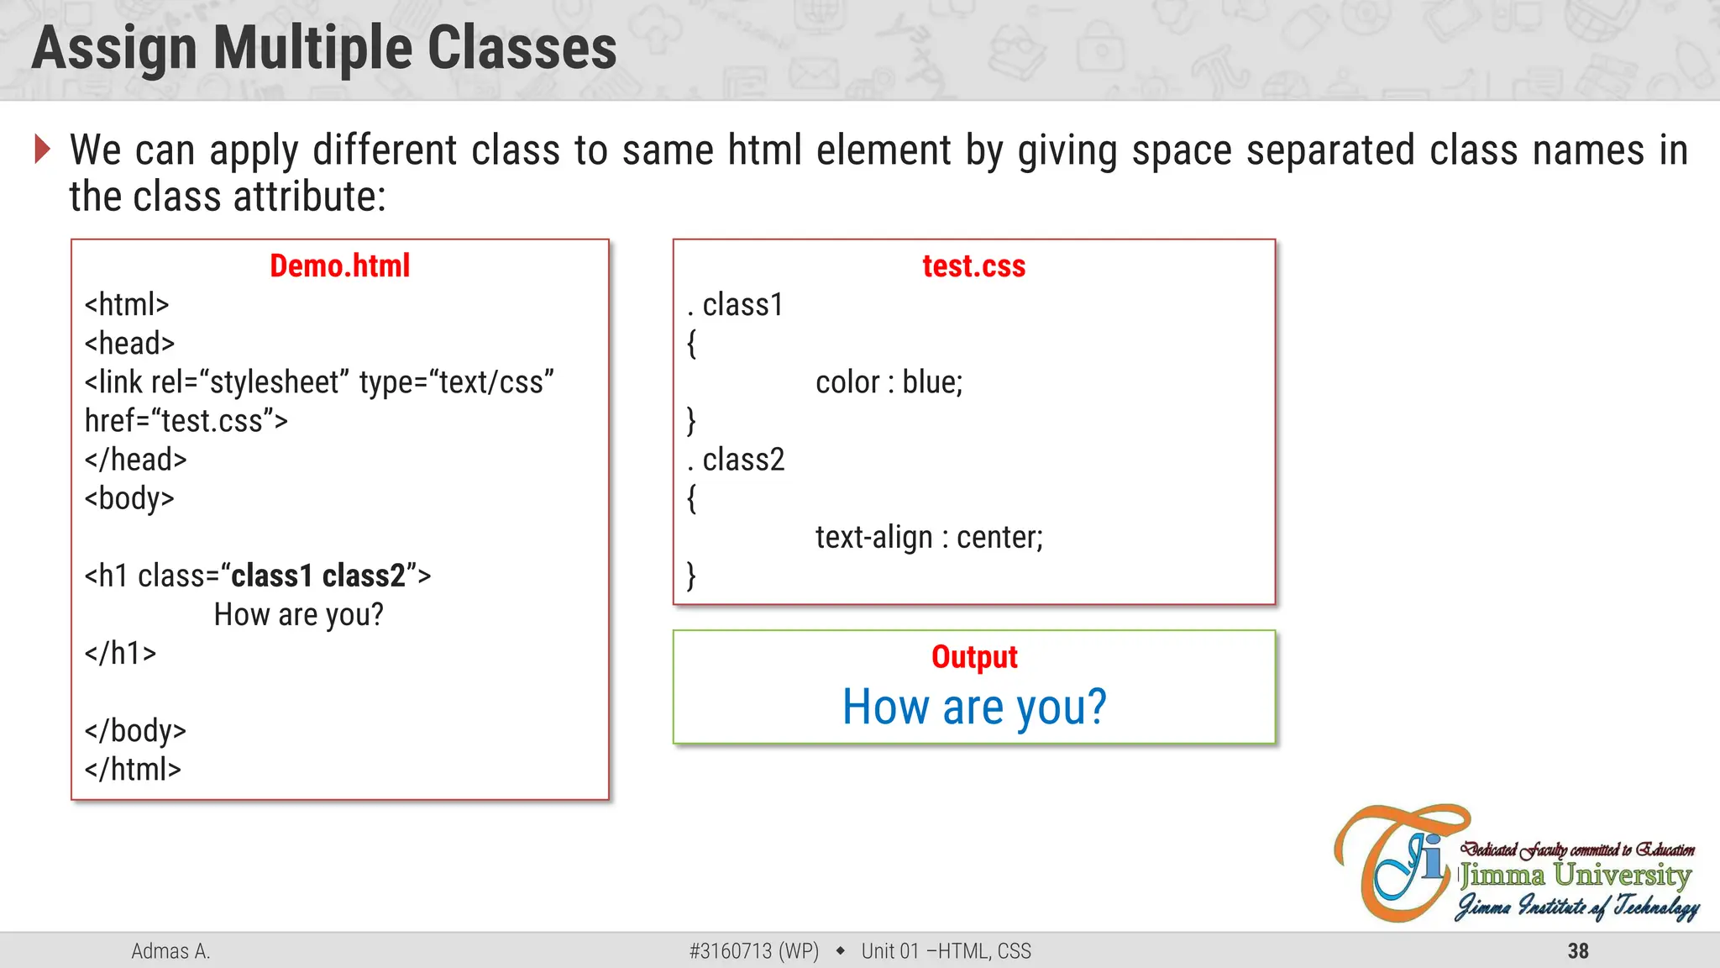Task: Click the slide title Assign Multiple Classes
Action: coord(324,48)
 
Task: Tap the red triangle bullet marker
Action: coord(42,150)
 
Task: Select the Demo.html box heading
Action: coord(339,266)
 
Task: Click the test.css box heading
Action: coord(973,266)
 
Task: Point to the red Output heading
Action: coord(974,657)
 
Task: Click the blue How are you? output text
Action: coord(974,708)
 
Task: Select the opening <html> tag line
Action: coord(127,305)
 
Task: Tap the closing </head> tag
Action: coord(135,460)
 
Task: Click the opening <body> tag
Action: coord(129,498)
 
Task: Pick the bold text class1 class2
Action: coord(318,576)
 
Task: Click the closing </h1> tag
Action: coord(120,654)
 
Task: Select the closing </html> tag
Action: coord(133,770)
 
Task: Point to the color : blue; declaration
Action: coord(889,382)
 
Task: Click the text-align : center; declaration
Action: coord(929,538)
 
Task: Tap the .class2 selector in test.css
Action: coord(737,460)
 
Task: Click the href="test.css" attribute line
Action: coord(186,421)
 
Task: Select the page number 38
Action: coord(1578,951)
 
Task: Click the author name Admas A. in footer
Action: coord(170,951)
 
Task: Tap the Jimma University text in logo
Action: coord(1575,876)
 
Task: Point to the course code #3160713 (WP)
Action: coord(753,951)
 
